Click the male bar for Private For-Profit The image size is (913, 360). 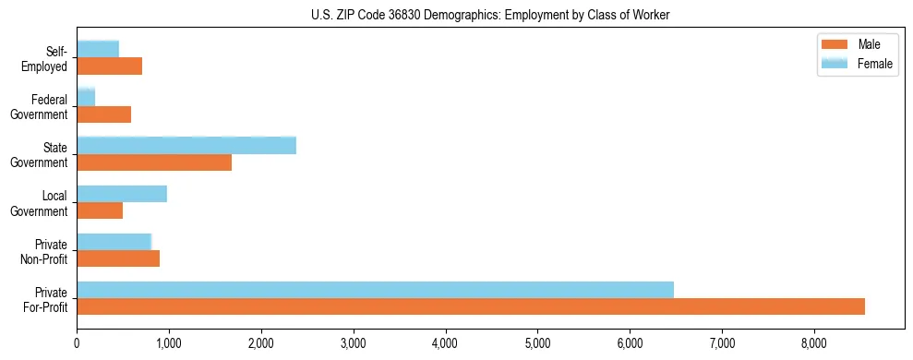471,306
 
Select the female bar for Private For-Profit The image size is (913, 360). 375,289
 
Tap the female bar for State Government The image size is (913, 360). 186,145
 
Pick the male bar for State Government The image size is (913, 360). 154,162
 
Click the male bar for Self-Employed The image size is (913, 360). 109,66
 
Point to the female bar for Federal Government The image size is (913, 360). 86,97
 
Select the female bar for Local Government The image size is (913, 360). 122,193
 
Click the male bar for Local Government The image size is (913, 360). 100,210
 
